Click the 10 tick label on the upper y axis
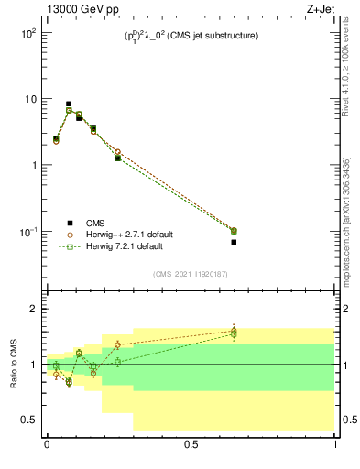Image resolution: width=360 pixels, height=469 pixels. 28,99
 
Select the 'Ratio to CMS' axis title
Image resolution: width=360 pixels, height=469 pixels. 15,364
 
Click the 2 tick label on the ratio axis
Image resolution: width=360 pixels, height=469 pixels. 31,309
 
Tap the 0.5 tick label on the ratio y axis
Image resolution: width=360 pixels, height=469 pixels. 28,420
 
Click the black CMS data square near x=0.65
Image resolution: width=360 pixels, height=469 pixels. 234,242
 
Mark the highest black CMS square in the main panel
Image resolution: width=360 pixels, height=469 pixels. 69,104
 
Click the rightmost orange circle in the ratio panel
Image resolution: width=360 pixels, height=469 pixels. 234,331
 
